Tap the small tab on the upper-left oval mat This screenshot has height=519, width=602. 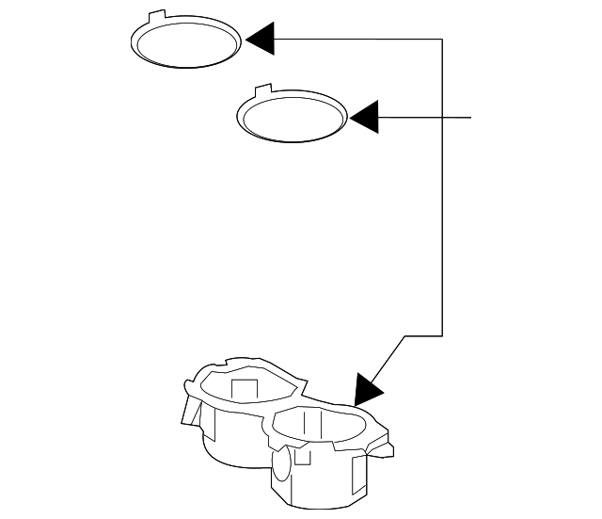[x=157, y=15]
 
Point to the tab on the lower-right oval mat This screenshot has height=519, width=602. [x=264, y=91]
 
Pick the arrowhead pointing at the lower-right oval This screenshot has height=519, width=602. [x=363, y=117]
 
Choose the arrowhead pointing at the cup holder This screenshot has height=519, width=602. [x=368, y=386]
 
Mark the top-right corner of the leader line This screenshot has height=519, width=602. [x=441, y=39]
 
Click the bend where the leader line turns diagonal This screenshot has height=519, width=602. [x=404, y=334]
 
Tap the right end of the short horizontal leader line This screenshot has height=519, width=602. [x=469, y=117]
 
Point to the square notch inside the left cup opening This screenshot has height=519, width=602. [x=245, y=389]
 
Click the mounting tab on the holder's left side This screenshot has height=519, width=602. [x=192, y=411]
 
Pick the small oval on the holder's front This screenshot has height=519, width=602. [x=280, y=464]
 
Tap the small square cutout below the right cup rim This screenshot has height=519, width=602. [x=303, y=457]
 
